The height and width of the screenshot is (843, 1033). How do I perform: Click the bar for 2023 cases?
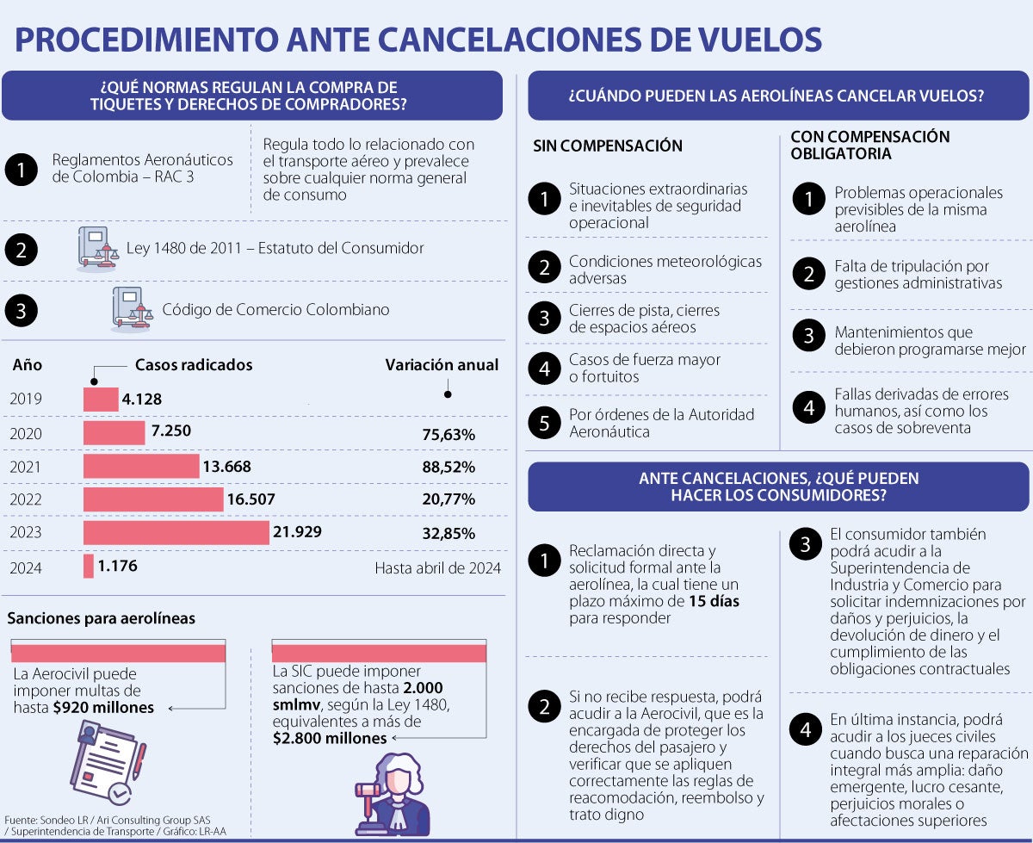click(176, 533)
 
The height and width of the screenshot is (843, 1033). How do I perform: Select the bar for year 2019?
click(101, 400)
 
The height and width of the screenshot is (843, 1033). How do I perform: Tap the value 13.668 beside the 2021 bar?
click(227, 467)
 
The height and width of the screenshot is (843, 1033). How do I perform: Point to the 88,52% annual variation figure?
click(448, 468)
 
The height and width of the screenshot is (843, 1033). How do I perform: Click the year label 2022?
click(26, 500)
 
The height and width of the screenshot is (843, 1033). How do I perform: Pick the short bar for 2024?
click(89, 567)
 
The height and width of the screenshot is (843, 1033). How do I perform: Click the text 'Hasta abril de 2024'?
click(437, 567)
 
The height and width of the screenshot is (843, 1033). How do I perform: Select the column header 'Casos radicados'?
click(194, 365)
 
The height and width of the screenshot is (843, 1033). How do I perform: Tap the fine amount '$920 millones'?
click(102, 708)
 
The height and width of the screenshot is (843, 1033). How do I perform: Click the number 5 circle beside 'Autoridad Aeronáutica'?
click(544, 423)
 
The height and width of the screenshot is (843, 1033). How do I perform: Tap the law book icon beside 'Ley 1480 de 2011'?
click(95, 249)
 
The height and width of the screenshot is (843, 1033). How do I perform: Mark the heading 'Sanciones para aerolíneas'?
click(102, 618)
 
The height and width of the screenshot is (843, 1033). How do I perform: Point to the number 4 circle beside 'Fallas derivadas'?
click(808, 410)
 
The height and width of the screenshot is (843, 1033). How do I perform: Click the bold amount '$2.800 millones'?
click(330, 738)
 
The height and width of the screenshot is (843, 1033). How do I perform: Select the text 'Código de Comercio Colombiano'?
click(275, 310)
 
